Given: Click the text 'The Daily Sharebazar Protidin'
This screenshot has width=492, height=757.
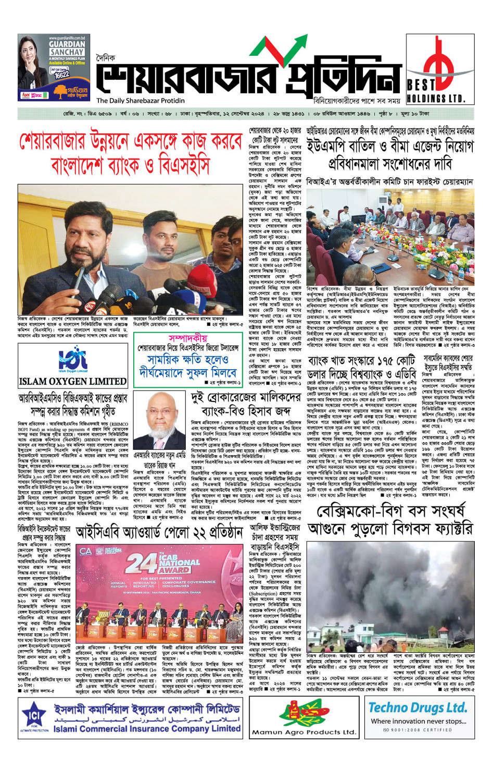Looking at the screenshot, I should pyautogui.click(x=141, y=101).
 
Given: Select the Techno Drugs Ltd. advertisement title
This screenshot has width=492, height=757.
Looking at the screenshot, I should pyautogui.click(x=418, y=707).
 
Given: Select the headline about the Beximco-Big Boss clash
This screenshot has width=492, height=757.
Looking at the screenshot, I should pyautogui.click(x=390, y=520).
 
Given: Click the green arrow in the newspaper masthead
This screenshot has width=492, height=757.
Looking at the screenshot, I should pyautogui.click(x=271, y=52).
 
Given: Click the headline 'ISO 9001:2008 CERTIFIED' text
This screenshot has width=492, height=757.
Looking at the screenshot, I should pyautogui.click(x=418, y=730).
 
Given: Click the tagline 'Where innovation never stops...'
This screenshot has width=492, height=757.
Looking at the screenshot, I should pyautogui.click(x=418, y=721).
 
